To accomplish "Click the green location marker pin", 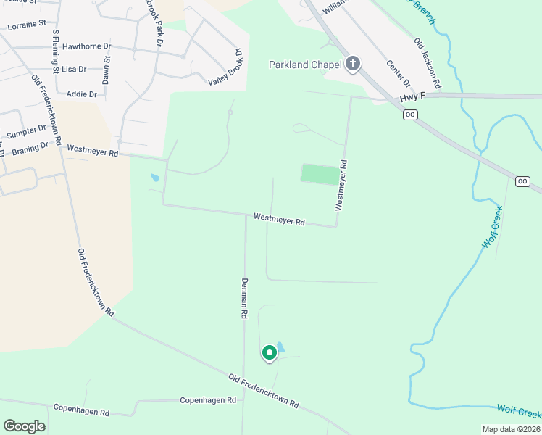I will click(x=269, y=353).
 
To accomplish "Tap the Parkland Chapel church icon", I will click(x=353, y=65).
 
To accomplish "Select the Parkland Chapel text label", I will click(x=305, y=65).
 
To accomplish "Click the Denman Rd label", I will click(x=245, y=299).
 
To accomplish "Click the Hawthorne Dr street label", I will click(x=86, y=46).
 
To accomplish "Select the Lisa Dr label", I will click(x=74, y=70).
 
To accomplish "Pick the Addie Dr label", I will click(x=81, y=94).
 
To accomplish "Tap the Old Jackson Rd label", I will click(x=428, y=64).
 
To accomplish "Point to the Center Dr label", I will click(x=399, y=74).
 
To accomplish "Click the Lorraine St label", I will click(x=27, y=25).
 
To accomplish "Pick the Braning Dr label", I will click(x=30, y=149).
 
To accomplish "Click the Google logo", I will click(x=24, y=426).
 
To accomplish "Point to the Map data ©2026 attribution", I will click(x=511, y=429).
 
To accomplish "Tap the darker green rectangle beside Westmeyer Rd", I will click(x=320, y=174).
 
